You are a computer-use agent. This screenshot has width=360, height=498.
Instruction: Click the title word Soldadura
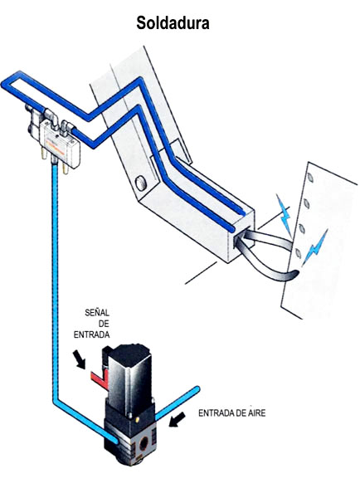(x=173, y=23)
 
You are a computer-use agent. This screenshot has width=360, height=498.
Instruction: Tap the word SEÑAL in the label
(x=97, y=313)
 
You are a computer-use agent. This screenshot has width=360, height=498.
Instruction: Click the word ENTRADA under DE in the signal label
(x=92, y=334)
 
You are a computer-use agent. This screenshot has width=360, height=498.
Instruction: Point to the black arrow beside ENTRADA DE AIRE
(x=178, y=419)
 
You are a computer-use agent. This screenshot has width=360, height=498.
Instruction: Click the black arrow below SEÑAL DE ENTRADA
(x=80, y=359)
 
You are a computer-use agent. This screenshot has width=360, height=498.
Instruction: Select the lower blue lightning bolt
(x=315, y=247)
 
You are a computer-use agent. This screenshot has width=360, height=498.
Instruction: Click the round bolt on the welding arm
(x=141, y=183)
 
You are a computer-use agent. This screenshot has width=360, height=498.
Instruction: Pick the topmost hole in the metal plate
(x=310, y=178)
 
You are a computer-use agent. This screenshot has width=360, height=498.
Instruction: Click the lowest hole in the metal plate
(x=298, y=253)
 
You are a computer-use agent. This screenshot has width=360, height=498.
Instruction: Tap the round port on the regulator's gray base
(x=144, y=442)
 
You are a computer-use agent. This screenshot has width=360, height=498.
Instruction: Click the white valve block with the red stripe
(x=61, y=144)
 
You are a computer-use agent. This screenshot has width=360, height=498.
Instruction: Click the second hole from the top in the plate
(x=306, y=203)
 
